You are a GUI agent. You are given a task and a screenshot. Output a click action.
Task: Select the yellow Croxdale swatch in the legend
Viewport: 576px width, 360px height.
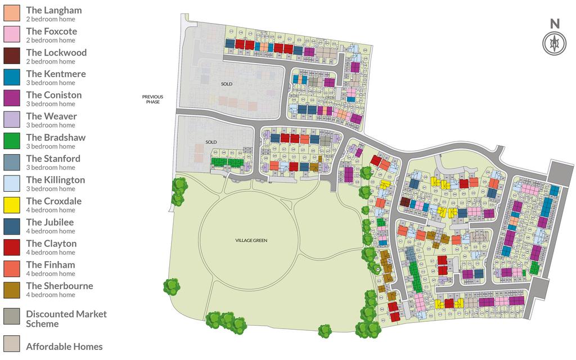pyautogui.click(x=12, y=204)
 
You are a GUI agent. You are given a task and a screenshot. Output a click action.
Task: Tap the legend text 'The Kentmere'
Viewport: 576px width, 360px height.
pyautogui.click(x=56, y=74)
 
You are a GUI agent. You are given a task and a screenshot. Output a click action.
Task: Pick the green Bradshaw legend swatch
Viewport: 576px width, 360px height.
pyautogui.click(x=12, y=141)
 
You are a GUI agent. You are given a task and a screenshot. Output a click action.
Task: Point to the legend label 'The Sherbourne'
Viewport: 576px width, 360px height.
pyautogui.click(x=59, y=286)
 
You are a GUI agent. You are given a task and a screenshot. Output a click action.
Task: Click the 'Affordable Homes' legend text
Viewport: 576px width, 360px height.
pyautogui.click(x=64, y=346)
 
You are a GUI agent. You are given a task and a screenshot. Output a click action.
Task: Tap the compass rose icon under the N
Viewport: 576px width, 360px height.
pyautogui.click(x=555, y=43)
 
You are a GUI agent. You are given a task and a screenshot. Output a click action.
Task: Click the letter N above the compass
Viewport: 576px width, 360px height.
pyautogui.click(x=555, y=24)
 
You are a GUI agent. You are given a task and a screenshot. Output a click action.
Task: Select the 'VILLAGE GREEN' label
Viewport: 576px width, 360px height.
pyautogui.click(x=251, y=240)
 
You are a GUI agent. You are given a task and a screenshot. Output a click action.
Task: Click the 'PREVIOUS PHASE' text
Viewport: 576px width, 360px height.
pyautogui.click(x=151, y=99)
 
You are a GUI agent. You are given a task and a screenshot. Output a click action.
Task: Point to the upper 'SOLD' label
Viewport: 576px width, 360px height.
pyautogui.click(x=227, y=84)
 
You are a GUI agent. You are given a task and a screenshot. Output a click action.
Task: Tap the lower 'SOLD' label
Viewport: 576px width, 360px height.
pyautogui.click(x=211, y=142)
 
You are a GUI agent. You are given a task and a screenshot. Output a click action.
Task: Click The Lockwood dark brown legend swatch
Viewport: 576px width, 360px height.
pyautogui.click(x=12, y=56)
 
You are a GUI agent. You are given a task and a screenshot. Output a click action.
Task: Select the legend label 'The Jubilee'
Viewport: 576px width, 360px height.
pyautogui.click(x=49, y=222)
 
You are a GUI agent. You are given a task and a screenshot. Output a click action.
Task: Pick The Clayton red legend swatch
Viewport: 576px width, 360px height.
pyautogui.click(x=12, y=246)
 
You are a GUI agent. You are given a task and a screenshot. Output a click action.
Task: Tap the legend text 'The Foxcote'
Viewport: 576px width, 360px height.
pyautogui.click(x=51, y=31)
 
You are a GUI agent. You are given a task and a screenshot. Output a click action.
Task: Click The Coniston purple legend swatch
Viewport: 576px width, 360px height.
pyautogui.click(x=12, y=98)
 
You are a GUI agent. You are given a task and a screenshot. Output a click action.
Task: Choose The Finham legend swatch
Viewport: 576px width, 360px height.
pyautogui.click(x=12, y=268)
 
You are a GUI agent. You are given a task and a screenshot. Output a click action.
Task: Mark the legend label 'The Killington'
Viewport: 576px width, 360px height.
pyautogui.click(x=55, y=180)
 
